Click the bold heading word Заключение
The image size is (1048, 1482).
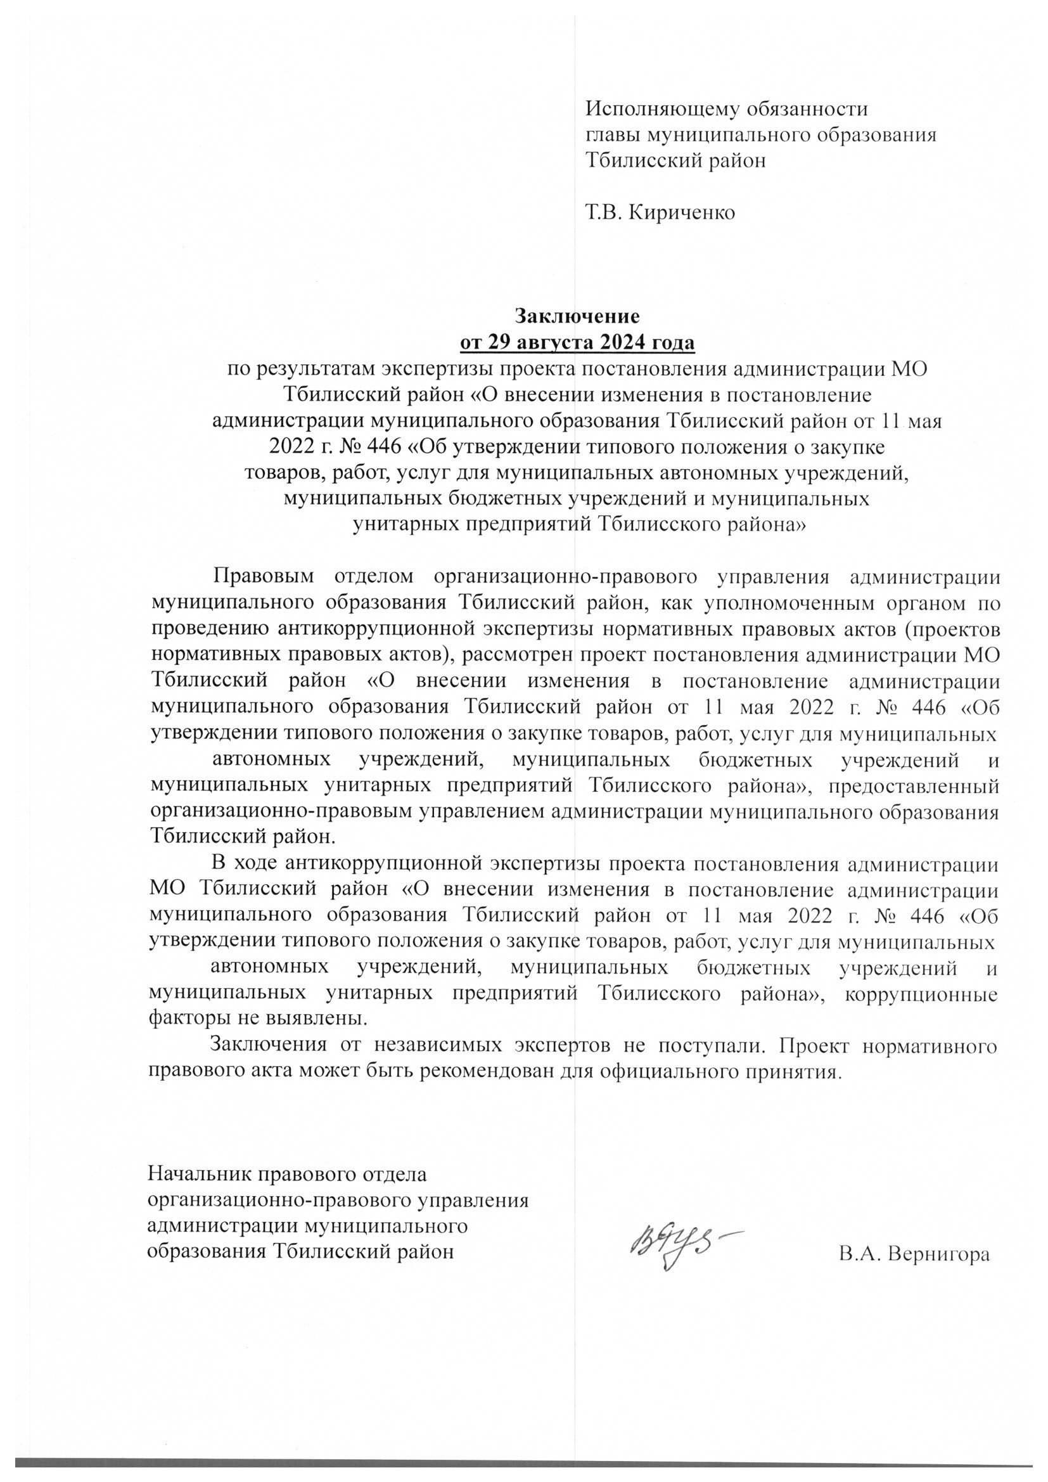tap(576, 316)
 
